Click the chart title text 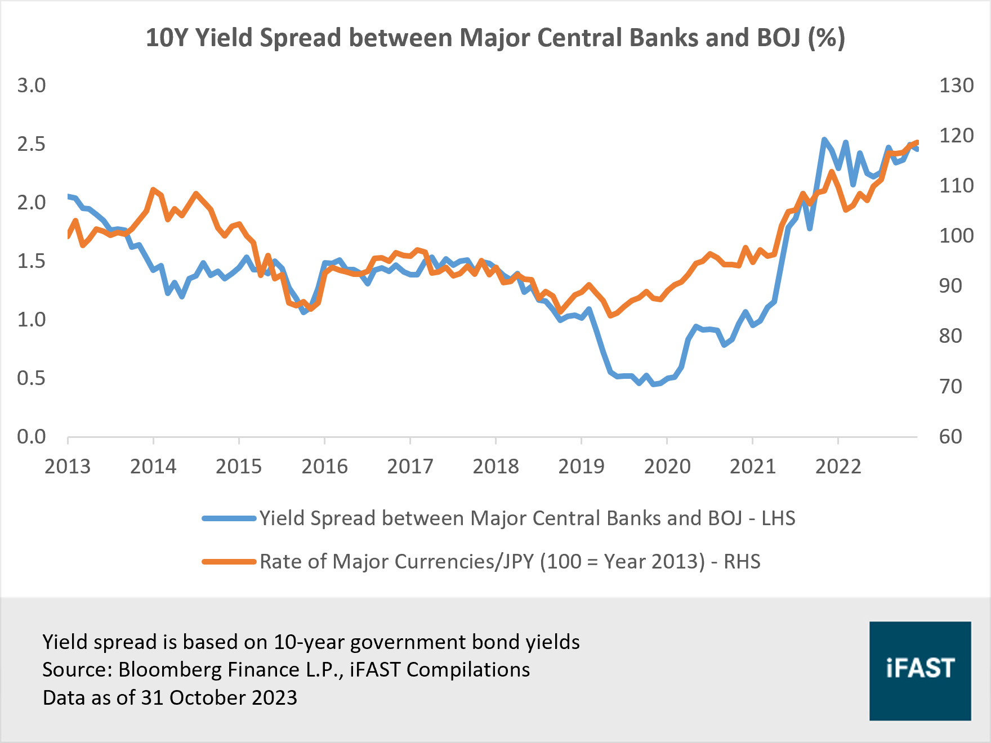pyautogui.click(x=496, y=38)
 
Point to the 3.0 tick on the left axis pyautogui.click(x=32, y=86)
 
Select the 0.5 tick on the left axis pyautogui.click(x=32, y=378)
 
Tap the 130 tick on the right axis pyautogui.click(x=956, y=86)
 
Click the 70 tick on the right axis pyautogui.click(x=950, y=387)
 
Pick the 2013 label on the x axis pyautogui.click(x=68, y=467)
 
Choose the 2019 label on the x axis pyautogui.click(x=581, y=467)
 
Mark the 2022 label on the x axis pyautogui.click(x=838, y=467)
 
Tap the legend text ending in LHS pyautogui.click(x=527, y=518)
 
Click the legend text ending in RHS pyautogui.click(x=510, y=562)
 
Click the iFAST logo pyautogui.click(x=920, y=670)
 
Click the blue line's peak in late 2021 pyautogui.click(x=824, y=139)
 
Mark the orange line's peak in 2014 pyautogui.click(x=153, y=190)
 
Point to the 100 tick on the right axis pyautogui.click(x=956, y=236)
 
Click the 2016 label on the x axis pyautogui.click(x=324, y=467)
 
